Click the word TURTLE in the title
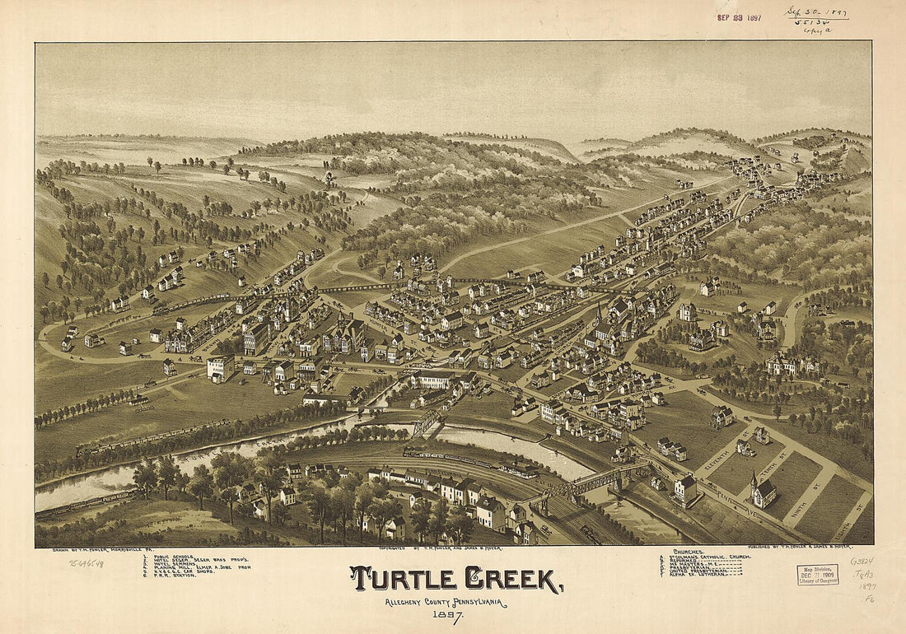[402, 579]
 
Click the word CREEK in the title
[512, 579]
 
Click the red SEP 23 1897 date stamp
[739, 17]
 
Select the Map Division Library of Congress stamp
[817, 575]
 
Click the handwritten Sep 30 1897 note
[815, 14]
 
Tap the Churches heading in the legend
[689, 551]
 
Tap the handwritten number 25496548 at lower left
[86, 563]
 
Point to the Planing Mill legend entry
[193, 567]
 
